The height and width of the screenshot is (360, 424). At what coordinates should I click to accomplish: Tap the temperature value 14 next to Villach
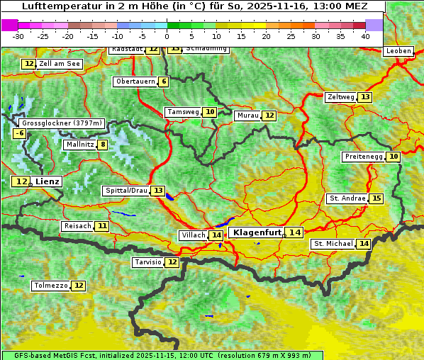(x=216, y=235)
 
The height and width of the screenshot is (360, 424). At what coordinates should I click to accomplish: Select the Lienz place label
(x=48, y=181)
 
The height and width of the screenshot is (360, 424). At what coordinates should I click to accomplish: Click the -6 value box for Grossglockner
(x=20, y=133)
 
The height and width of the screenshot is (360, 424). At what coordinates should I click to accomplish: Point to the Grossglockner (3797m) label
(x=62, y=123)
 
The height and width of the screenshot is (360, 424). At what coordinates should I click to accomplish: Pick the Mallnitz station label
(x=79, y=145)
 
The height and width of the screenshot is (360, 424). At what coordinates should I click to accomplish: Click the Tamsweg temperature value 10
(x=210, y=112)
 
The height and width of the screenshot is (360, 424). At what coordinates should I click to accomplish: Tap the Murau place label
(x=247, y=116)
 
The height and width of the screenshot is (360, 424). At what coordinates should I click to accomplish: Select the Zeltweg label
(x=340, y=97)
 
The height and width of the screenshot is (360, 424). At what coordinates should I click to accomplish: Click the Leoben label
(x=398, y=51)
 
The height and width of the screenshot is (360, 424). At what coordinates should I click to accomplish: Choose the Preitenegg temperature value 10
(x=393, y=157)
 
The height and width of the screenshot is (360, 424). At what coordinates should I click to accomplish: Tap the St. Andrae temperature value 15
(x=376, y=198)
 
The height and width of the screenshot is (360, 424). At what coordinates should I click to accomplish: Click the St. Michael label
(x=333, y=244)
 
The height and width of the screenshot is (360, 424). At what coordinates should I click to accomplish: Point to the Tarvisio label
(x=147, y=262)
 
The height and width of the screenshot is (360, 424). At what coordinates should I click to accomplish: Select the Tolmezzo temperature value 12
(x=78, y=286)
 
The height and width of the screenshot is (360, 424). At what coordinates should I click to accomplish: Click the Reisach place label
(x=77, y=226)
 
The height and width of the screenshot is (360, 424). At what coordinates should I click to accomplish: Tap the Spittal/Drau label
(x=125, y=191)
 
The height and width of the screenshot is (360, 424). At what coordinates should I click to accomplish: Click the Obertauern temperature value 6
(x=164, y=81)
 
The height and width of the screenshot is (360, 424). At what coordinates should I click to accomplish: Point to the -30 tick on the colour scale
(x=19, y=35)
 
